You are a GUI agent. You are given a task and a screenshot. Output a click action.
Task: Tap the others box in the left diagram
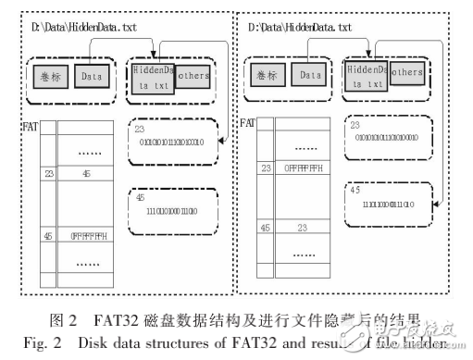pos(191,75)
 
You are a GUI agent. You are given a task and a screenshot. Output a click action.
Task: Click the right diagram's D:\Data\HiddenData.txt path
pos(302,29)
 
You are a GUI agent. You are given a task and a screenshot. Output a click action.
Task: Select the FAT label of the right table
pos(248,122)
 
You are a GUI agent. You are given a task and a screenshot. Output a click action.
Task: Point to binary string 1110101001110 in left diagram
pos(170,212)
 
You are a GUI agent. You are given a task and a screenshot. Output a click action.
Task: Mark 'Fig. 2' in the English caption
pos(66,341)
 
